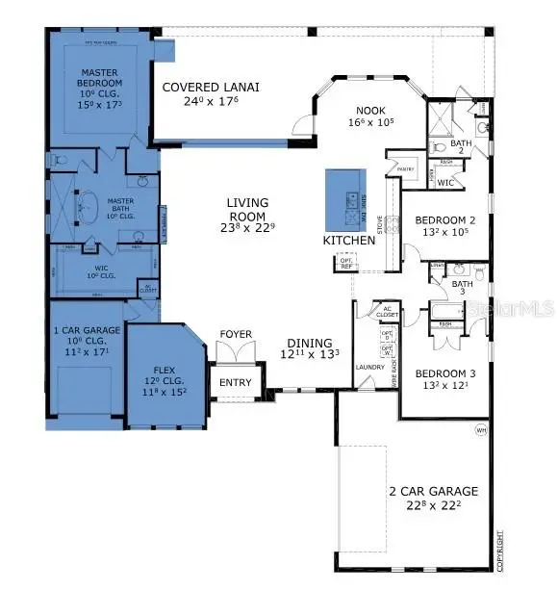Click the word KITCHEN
(347, 239)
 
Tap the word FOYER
(236, 335)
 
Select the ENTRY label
(235, 382)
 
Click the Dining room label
(309, 348)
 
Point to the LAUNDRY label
(369, 367)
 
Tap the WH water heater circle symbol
(480, 430)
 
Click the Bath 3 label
(463, 287)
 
